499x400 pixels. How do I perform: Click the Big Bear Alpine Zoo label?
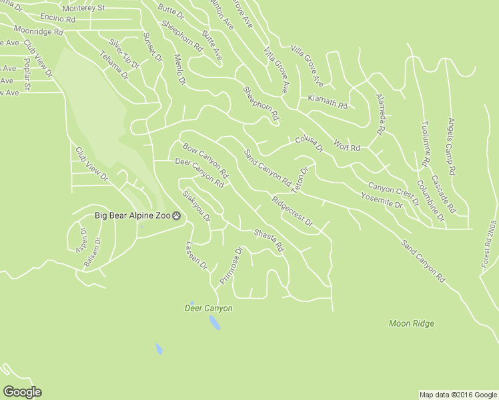coord(132,215)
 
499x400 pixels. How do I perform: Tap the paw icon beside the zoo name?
coord(177,215)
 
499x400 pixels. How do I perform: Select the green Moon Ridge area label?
coord(411,323)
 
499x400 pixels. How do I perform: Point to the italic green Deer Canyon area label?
coord(208,308)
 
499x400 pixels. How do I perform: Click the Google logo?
coord(22,391)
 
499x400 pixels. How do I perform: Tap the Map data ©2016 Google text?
coord(458,395)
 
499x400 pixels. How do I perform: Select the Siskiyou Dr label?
coord(196,206)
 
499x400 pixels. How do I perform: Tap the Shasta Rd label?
coord(269,241)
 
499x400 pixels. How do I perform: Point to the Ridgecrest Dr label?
coord(292,211)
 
